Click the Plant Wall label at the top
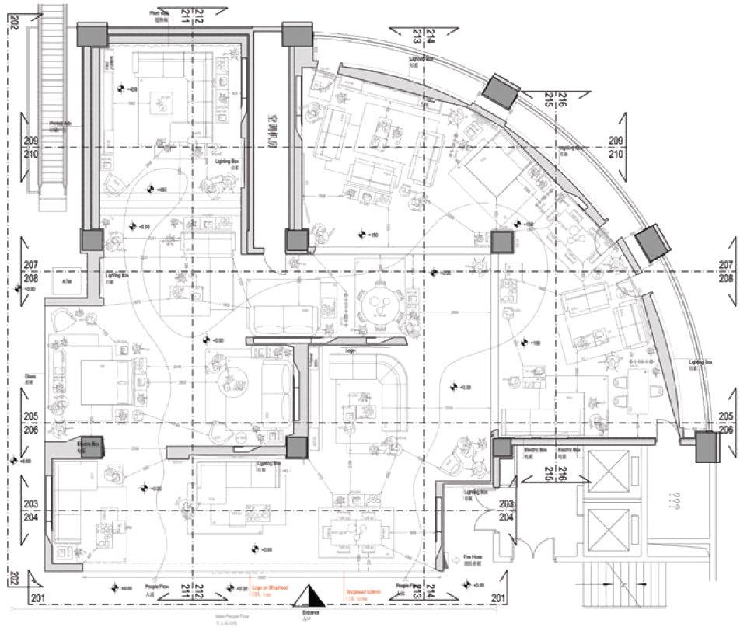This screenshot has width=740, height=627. (x=160, y=14)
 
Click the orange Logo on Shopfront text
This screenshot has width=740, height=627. (x=271, y=590)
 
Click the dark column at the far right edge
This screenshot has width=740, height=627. (x=706, y=448)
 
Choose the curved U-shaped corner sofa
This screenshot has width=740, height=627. (x=370, y=385)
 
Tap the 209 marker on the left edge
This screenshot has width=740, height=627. (x=31, y=141)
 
